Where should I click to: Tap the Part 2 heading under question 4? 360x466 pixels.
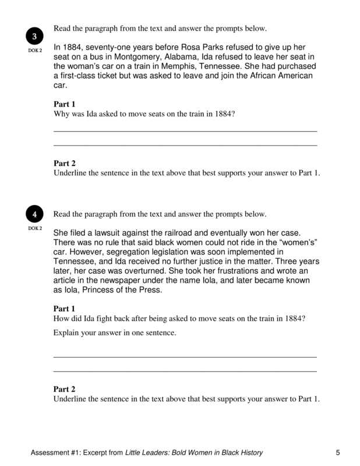click(65, 389)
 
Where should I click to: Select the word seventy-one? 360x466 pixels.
click(110, 46)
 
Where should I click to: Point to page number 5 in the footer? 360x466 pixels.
click(338, 453)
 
